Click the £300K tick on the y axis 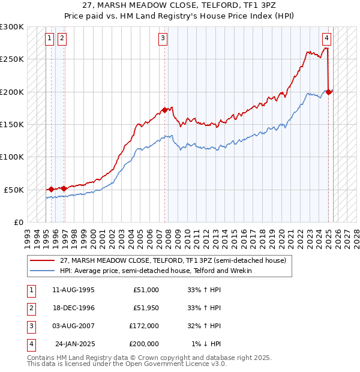coord(12,27)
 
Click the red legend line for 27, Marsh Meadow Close coord(42,260)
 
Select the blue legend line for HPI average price coord(42,271)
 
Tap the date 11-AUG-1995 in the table coord(73,290)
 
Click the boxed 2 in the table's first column coord(31,308)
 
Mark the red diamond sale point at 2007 coord(164,110)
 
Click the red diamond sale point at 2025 coord(329,92)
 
